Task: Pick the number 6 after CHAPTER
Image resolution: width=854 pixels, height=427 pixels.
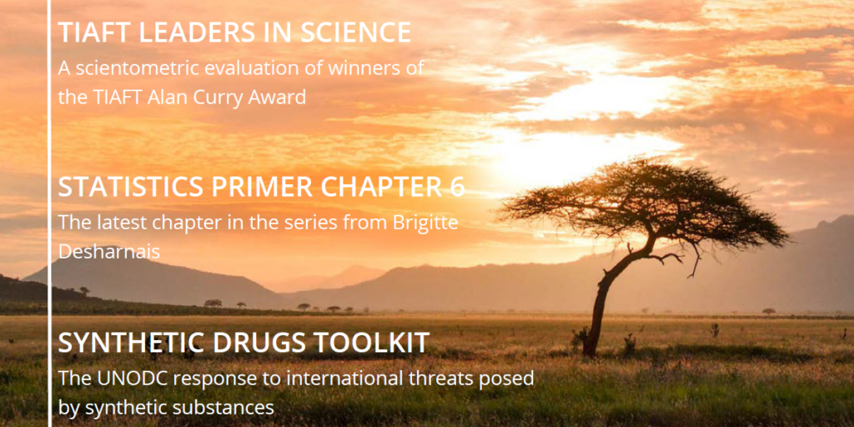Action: pyautogui.click(x=457, y=187)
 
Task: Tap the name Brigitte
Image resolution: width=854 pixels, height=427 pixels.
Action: pyautogui.click(x=424, y=224)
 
